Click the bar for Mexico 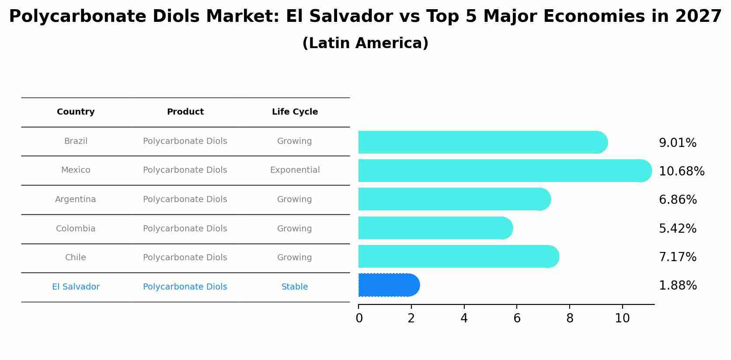click(503, 171)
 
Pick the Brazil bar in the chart click(481, 142)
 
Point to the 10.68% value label click(681, 171)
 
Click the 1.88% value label click(677, 286)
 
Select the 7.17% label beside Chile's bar click(677, 257)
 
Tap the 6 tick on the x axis click(517, 318)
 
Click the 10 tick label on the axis click(622, 318)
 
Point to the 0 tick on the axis click(359, 318)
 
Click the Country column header click(76, 112)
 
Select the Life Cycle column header click(295, 112)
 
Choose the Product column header click(185, 112)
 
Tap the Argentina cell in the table click(76, 199)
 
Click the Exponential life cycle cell click(295, 170)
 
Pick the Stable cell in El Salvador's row click(295, 287)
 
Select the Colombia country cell click(76, 229)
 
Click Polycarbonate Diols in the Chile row click(185, 258)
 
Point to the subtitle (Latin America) click(365, 43)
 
